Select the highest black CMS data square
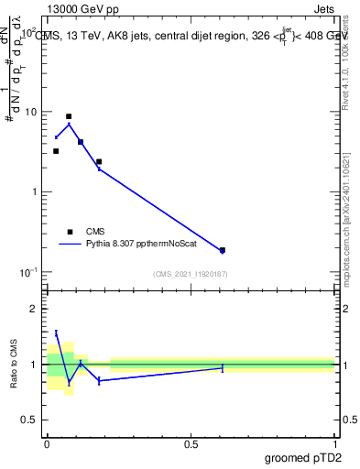pos(69,117)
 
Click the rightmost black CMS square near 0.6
pos(223,250)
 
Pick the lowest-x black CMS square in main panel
pos(56,151)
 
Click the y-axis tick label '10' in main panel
pos(31,112)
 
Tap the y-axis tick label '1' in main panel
pos(34,191)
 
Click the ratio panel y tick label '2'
pos(34,309)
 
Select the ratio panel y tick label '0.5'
pos(28,420)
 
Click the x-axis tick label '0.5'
pos(191,443)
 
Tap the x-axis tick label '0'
pos(47,443)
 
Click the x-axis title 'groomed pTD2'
pos(305,458)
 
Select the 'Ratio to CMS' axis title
pos(13,364)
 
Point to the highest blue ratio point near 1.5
pos(56,333)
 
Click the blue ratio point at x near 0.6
pos(223,367)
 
